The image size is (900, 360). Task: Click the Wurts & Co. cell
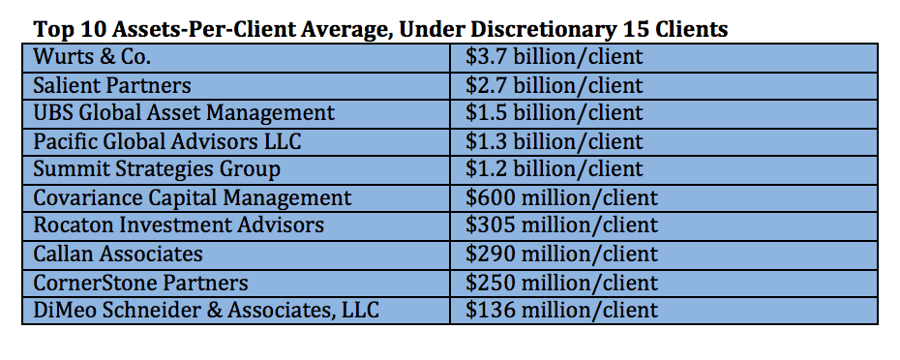click(x=92, y=57)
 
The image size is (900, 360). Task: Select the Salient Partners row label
click(x=111, y=85)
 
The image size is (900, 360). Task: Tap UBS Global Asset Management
click(x=184, y=113)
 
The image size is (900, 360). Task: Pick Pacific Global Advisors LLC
click(x=167, y=141)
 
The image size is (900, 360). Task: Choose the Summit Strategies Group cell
click(x=157, y=169)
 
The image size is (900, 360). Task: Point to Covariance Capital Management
click(x=193, y=198)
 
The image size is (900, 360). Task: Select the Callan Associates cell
click(x=118, y=255)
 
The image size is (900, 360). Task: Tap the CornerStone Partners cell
click(x=140, y=283)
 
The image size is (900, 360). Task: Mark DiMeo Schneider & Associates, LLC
click(x=206, y=311)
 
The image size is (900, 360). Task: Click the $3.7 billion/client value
click(x=554, y=57)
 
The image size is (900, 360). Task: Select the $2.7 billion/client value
click(x=554, y=85)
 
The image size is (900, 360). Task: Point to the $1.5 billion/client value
click(x=554, y=113)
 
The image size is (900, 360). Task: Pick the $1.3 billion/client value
click(x=554, y=141)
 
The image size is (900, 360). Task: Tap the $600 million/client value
click(x=561, y=198)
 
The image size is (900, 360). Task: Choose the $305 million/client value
click(x=561, y=225)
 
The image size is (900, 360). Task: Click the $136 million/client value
click(x=561, y=311)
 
